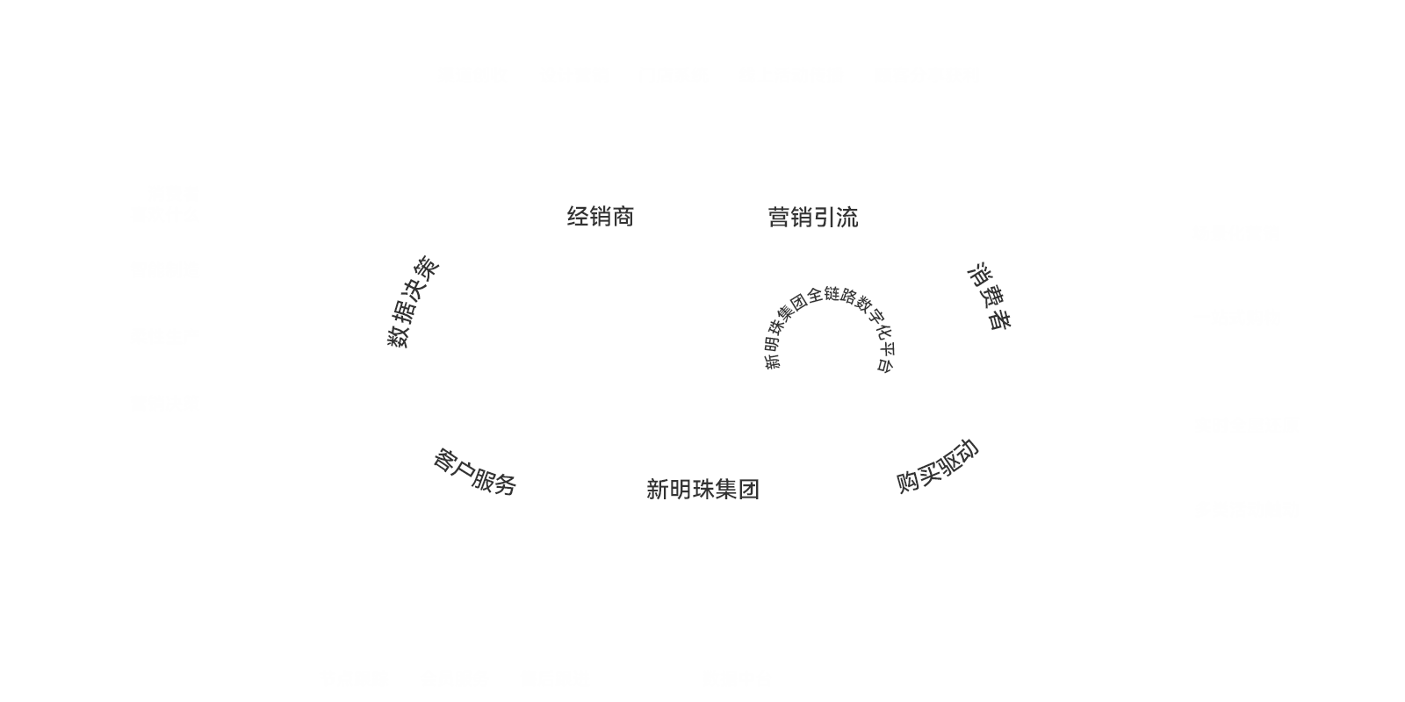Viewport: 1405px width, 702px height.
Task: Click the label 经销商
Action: (x=600, y=217)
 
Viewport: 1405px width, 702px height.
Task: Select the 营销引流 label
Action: (x=812, y=218)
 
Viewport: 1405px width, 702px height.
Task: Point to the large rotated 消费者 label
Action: (x=989, y=296)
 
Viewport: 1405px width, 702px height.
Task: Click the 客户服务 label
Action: (x=475, y=471)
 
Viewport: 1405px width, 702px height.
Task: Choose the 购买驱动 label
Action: (x=937, y=466)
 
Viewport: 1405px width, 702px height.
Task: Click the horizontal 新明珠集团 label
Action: (x=702, y=490)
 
